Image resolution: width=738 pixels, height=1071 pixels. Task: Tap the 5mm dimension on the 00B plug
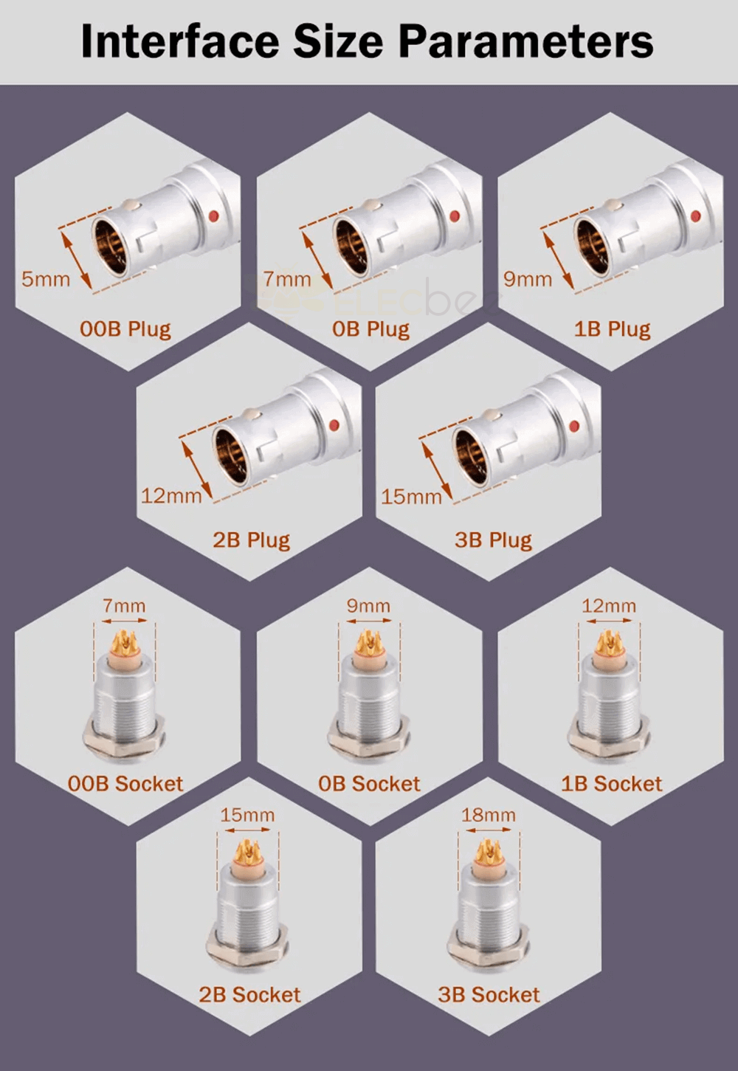coord(46,279)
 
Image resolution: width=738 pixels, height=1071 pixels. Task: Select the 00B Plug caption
coord(125,330)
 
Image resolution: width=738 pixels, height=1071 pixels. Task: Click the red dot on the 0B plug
coord(455,216)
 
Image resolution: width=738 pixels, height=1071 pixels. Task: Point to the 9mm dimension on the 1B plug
coord(528,279)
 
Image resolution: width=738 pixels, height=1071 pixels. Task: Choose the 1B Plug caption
coord(613,330)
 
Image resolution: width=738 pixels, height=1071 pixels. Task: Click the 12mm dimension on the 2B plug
coord(171,496)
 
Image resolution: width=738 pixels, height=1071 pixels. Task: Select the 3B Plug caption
coord(493,541)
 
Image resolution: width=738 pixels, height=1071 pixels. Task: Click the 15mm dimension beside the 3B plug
coord(411,497)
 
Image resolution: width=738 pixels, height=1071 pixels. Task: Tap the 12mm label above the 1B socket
coord(609,606)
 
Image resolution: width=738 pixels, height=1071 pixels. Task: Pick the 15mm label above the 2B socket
coord(247,815)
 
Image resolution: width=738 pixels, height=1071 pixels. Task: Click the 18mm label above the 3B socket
coord(489,815)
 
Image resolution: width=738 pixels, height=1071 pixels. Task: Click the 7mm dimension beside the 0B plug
coord(287,279)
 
